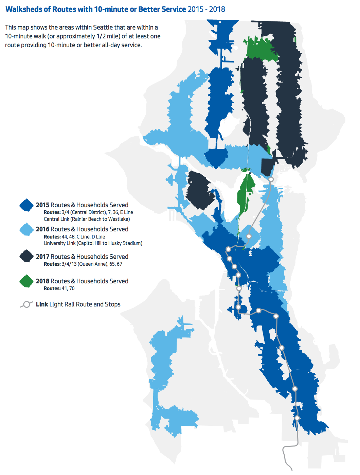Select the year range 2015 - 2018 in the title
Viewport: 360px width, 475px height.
point(206,9)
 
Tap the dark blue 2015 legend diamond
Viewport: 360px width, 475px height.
point(26,205)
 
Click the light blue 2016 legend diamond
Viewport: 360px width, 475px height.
point(26,229)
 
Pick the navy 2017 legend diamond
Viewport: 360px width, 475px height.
point(26,256)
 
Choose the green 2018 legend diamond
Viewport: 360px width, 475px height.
point(26,281)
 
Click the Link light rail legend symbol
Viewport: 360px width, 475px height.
point(26,304)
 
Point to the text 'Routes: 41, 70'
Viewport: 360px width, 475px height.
point(59,288)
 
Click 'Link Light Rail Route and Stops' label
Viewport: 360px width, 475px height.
point(78,304)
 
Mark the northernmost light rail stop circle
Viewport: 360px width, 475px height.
point(271,179)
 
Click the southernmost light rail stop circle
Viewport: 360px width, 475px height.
point(297,418)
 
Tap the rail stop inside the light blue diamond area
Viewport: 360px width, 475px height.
point(249,236)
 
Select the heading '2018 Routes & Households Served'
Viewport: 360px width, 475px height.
point(82,281)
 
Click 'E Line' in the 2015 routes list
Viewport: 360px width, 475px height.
point(126,212)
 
